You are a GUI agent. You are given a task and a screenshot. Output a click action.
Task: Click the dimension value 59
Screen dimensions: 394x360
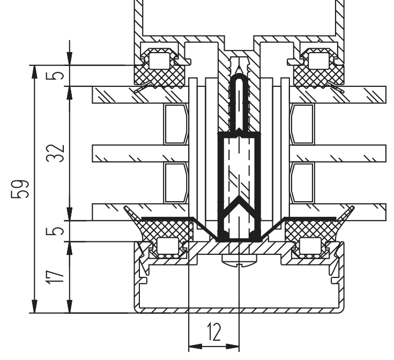coord(20,189)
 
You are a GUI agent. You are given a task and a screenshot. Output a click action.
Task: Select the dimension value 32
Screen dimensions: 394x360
coord(56,153)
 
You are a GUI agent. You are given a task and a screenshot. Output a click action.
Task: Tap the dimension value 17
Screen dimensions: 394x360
coord(56,277)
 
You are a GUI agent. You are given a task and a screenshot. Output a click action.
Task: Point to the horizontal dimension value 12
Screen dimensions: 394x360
coord(214,332)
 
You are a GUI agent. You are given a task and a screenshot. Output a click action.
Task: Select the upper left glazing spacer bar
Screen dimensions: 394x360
coord(176,124)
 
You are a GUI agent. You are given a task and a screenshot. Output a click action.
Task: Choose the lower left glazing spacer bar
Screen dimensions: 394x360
coord(176,182)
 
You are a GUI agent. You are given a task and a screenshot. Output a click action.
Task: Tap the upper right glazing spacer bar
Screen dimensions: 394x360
coord(302,124)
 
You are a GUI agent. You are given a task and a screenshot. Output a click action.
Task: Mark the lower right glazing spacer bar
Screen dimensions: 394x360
coord(302,182)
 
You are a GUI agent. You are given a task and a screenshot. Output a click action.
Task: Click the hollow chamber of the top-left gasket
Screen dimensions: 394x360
coord(159,61)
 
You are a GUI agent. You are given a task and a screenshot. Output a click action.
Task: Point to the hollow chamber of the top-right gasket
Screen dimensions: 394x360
coord(318,61)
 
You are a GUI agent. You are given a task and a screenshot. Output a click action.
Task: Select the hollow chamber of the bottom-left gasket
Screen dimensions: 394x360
coord(167,246)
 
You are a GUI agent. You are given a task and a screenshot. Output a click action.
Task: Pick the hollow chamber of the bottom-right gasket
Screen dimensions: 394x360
coord(310,246)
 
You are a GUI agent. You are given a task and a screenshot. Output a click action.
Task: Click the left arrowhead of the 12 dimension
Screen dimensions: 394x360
coord(195,347)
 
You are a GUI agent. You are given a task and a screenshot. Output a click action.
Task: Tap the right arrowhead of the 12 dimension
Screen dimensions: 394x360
coord(233,347)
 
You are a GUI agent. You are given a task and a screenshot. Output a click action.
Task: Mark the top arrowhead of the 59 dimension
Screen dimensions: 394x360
coord(35,72)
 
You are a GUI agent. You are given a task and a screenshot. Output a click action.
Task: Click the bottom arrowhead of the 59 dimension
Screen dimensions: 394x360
coord(35,306)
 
